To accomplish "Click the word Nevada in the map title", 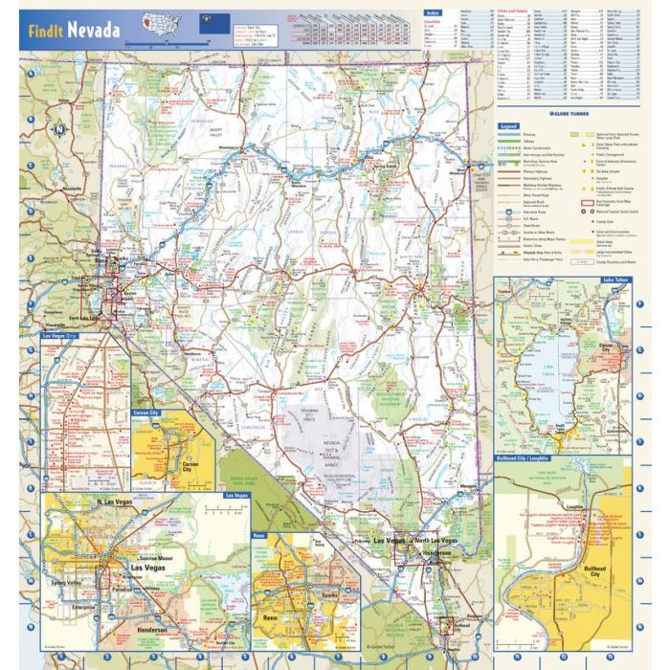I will [x=96, y=30].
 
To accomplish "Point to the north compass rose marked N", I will [x=58, y=129].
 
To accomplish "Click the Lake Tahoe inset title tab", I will [x=615, y=279].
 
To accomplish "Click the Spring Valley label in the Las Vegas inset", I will [x=68, y=582].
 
